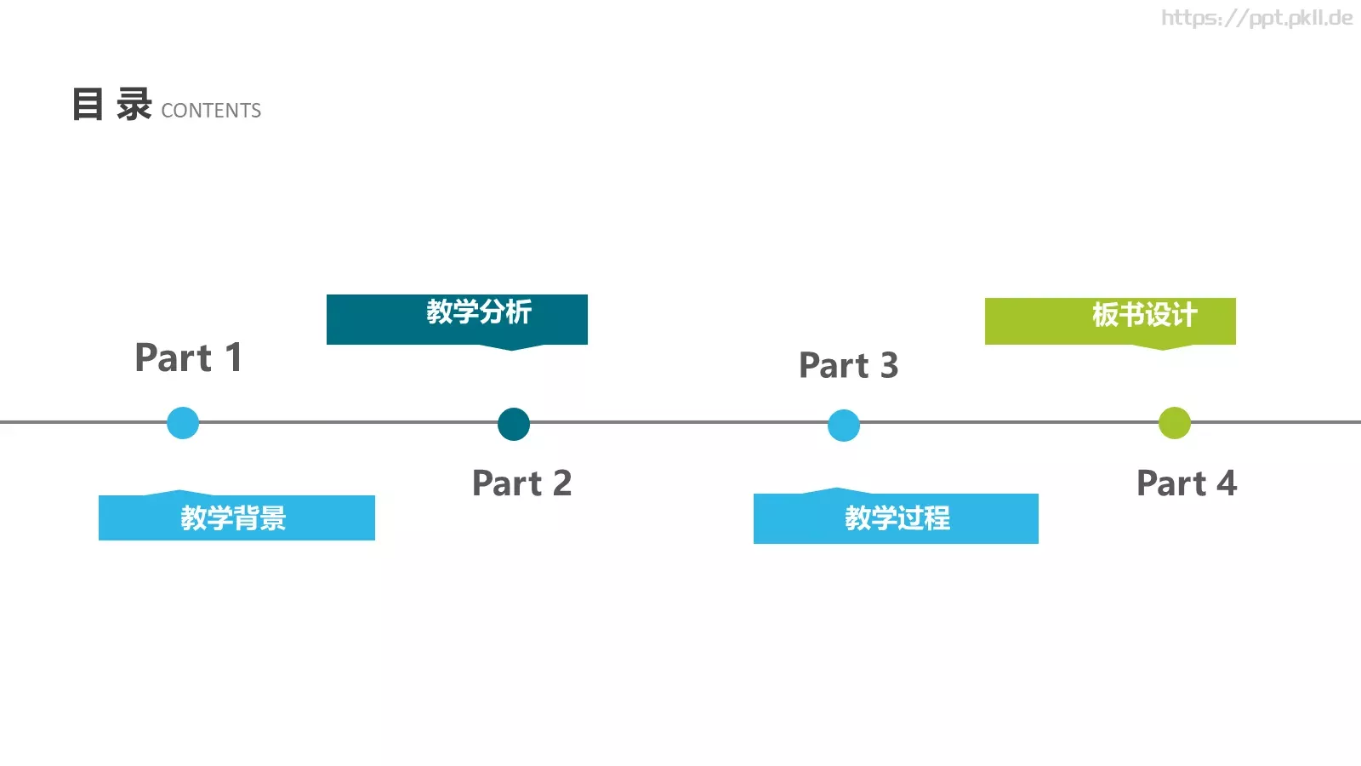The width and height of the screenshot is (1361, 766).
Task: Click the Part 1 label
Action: (x=189, y=357)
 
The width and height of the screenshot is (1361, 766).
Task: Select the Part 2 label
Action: (x=521, y=483)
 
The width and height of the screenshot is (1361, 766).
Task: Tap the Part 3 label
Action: (x=848, y=366)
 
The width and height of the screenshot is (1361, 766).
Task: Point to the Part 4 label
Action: (x=1186, y=483)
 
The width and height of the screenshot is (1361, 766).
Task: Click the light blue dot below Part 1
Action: (x=183, y=423)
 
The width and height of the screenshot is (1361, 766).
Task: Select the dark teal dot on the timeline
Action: (x=514, y=424)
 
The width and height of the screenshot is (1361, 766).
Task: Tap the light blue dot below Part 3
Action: (x=844, y=426)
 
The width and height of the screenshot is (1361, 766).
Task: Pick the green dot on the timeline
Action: (x=1175, y=423)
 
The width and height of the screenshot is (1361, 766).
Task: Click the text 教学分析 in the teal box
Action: (x=479, y=312)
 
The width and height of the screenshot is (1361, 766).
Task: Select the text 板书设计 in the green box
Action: (x=1145, y=315)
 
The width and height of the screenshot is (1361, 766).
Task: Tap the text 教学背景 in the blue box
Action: (x=233, y=518)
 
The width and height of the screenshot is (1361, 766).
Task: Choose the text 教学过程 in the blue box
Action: (x=897, y=518)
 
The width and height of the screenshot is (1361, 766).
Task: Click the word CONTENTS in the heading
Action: (x=211, y=111)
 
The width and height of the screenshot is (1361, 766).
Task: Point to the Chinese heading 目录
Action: (x=111, y=105)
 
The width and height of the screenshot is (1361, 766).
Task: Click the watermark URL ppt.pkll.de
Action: (x=1256, y=18)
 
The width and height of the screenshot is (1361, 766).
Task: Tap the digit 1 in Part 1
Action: (x=233, y=357)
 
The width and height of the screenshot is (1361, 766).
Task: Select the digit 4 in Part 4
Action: (x=1226, y=483)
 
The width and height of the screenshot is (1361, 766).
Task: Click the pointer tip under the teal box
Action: (x=512, y=349)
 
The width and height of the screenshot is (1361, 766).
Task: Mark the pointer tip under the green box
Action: (x=1163, y=348)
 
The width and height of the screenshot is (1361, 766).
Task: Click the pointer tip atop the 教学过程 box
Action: (x=837, y=489)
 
